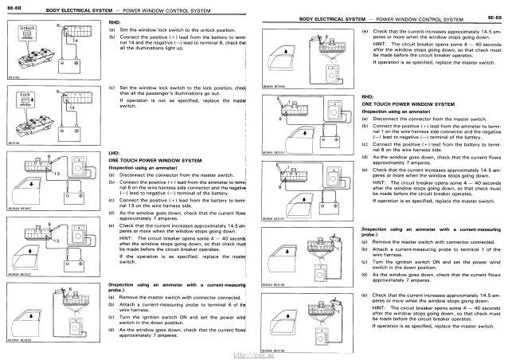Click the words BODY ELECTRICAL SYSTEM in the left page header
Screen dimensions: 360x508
(78, 9)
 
